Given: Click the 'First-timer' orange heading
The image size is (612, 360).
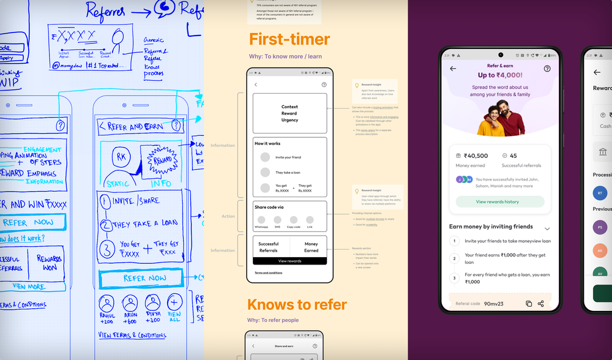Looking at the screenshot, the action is point(289,39).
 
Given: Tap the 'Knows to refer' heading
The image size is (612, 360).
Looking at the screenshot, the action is point(297,304).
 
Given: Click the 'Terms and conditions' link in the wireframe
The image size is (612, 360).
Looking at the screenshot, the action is point(269,272).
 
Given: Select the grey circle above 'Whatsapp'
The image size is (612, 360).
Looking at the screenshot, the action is point(261,219).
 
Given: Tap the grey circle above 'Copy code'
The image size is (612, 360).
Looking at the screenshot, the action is point(293,219).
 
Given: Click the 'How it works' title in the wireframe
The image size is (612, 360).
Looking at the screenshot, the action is point(267,143).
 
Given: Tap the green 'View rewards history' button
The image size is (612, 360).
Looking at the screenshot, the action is point(501,201).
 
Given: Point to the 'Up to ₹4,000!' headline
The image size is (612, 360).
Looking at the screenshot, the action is point(500,75).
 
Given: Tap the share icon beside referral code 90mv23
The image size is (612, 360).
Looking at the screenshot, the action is point(541,303).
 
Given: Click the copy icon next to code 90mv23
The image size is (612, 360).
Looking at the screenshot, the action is point(529,303).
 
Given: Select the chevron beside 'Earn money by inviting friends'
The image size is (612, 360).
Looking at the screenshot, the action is point(547,228).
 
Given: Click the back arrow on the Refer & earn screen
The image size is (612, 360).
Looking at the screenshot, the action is point(453,69).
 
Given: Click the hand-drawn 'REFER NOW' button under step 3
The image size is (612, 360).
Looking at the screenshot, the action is point(144,279).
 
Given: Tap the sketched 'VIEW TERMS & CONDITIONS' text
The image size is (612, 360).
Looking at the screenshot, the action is point(132,335).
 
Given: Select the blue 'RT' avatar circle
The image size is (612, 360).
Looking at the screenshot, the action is point(600,193).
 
